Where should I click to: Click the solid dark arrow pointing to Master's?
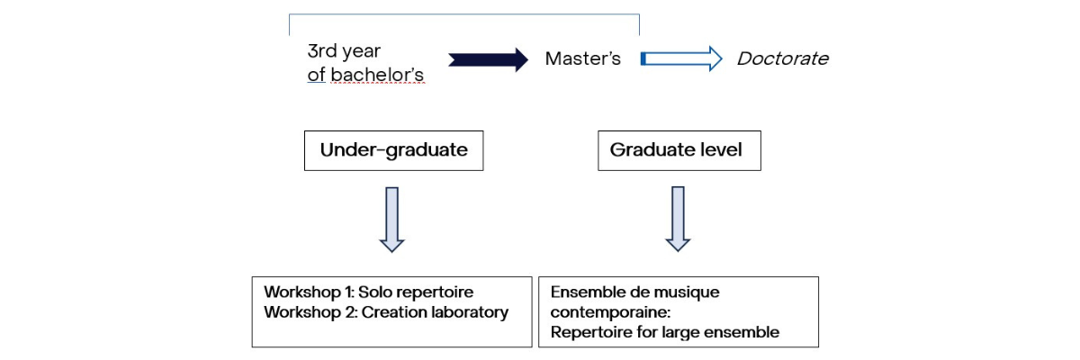point(488,60)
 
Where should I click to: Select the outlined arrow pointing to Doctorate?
point(681,59)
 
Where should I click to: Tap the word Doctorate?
point(782,59)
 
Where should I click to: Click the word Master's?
point(583,59)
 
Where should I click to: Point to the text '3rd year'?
point(344,51)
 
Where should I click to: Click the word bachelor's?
point(377,76)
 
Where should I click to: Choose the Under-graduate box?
point(394,150)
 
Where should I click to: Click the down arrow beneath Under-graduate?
point(392,219)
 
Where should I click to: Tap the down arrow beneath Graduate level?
point(678,219)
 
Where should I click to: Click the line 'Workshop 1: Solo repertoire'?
point(368,292)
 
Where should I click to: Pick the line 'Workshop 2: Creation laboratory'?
point(386,312)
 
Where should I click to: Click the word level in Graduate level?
point(723,150)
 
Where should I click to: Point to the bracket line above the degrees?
point(463,14)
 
